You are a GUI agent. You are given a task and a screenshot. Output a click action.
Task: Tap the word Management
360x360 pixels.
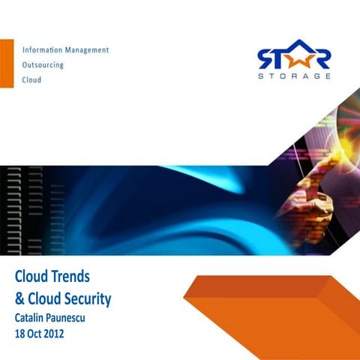coord(87,50)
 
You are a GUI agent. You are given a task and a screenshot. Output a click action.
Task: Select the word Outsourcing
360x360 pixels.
coord(43,64)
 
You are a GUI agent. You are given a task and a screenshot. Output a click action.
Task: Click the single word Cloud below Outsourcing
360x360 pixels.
coord(31,79)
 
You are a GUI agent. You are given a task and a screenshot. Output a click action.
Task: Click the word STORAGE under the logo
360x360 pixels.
coord(293,76)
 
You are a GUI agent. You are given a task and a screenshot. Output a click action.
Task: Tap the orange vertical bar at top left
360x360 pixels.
coord(7,64)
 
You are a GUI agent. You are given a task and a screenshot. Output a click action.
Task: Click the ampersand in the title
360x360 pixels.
coord(19,299)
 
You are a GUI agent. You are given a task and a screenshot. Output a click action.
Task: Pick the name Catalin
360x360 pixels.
coord(32,317)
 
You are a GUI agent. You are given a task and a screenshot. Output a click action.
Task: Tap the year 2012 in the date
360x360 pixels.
coord(64,333)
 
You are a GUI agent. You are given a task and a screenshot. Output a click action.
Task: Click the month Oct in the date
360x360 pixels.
coord(40,333)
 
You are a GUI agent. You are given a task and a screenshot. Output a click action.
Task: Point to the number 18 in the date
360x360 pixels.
coord(21,333)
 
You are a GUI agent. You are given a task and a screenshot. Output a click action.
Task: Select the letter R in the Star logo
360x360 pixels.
coord(320,57)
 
